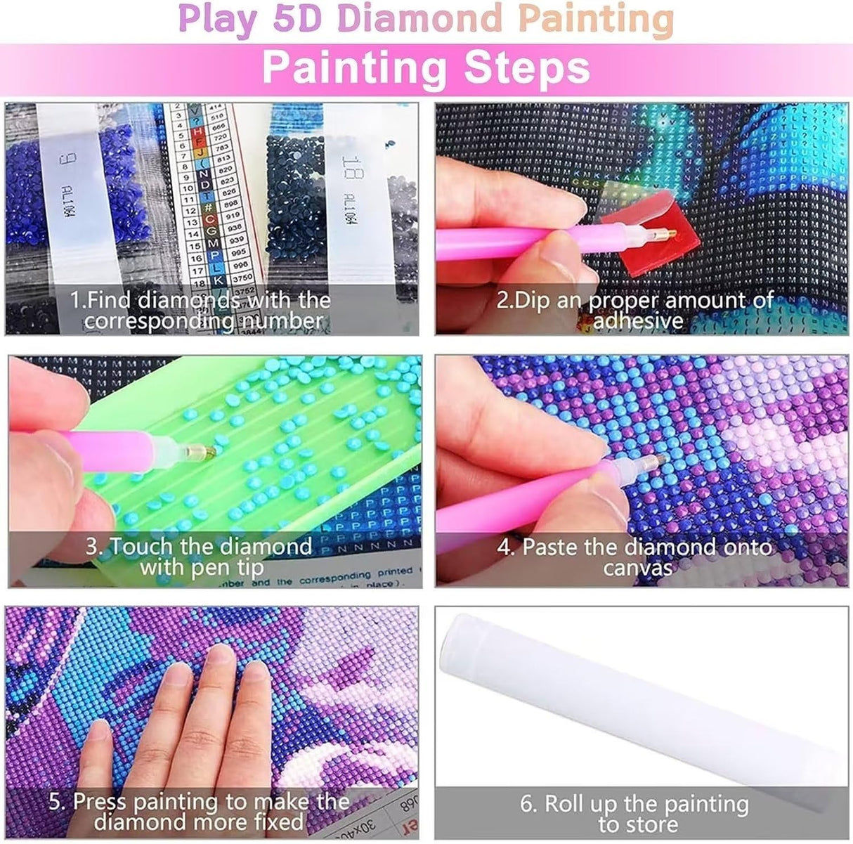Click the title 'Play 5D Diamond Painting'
pyautogui.click(x=426, y=20)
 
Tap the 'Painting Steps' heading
pyautogui.click(x=426, y=67)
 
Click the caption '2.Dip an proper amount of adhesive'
pyautogui.click(x=637, y=311)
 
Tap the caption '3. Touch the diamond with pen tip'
pyautogui.click(x=201, y=557)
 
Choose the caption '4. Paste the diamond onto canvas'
pyautogui.click(x=637, y=557)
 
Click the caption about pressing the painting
pyautogui.click(x=201, y=812)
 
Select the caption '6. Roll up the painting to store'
pyautogui.click(x=635, y=813)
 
